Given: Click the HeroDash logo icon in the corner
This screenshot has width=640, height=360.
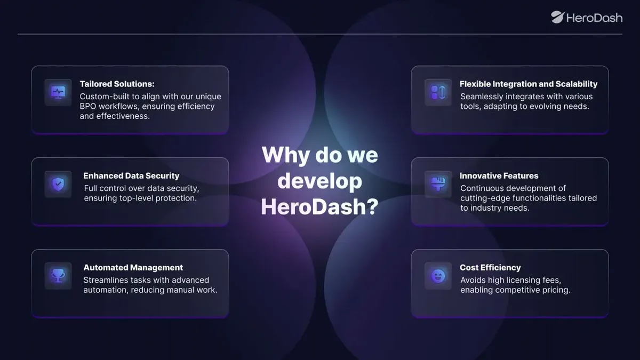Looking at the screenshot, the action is point(558,17).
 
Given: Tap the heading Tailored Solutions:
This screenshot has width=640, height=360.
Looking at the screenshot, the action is point(117,84).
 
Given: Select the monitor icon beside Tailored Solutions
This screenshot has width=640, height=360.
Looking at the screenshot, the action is point(58,93).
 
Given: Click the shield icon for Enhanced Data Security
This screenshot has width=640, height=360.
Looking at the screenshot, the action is point(58,185).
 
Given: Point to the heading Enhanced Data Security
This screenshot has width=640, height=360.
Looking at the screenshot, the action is point(131,175).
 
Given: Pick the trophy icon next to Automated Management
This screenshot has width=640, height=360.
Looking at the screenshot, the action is point(58,276).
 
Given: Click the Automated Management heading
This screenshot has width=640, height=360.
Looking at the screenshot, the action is point(133,267).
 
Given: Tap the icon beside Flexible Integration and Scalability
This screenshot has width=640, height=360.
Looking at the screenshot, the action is point(438,93).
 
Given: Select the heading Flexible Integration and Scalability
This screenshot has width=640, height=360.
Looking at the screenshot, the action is point(529,84).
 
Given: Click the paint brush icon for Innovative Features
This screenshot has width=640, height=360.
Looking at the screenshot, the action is point(438,185).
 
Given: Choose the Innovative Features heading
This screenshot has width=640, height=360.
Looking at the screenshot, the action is point(499,175).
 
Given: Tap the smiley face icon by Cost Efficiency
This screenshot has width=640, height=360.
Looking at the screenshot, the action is point(438,276).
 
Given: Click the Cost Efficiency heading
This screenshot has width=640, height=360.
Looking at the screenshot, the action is point(490,267).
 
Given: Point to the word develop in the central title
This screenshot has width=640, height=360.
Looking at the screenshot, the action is point(319,181).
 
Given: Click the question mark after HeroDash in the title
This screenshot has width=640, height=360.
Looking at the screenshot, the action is point(372,206).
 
